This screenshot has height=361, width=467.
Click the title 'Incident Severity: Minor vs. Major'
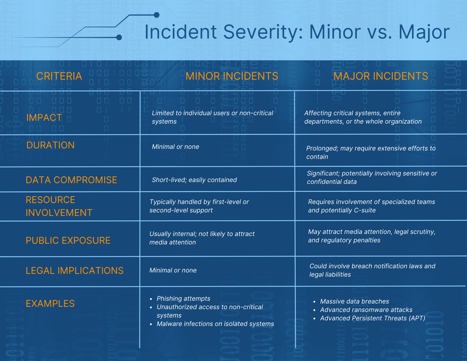pyautogui.click(x=297, y=32)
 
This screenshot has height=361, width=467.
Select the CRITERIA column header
pyautogui.click(x=59, y=76)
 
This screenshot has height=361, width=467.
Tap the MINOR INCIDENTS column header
pyautogui.click(x=232, y=76)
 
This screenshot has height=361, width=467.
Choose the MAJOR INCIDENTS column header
pyautogui.click(x=380, y=76)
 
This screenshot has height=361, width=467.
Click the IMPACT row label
pyautogui.click(x=44, y=118)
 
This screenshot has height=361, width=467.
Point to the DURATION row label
pyautogui.click(x=51, y=145)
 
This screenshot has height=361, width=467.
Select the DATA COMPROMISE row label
pyautogui.click(x=71, y=180)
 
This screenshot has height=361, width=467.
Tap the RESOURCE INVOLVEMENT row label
pyautogui.click(x=59, y=206)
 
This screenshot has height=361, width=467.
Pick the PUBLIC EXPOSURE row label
pyautogui.click(x=68, y=240)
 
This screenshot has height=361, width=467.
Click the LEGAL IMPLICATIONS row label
pyautogui.click(x=74, y=271)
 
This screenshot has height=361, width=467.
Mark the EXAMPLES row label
pyautogui.click(x=50, y=304)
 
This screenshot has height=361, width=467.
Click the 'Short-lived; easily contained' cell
pyautogui.click(x=194, y=180)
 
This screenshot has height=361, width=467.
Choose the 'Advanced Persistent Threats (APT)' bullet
pyautogui.click(x=372, y=319)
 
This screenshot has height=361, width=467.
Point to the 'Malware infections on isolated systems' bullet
pyautogui.click(x=215, y=324)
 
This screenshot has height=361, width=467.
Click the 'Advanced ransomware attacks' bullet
pyautogui.click(x=366, y=310)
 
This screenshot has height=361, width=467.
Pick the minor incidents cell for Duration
pyautogui.click(x=175, y=147)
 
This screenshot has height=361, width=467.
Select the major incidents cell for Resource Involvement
pyautogui.click(x=371, y=206)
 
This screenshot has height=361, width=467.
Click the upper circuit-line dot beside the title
pyautogui.click(x=156, y=15)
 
